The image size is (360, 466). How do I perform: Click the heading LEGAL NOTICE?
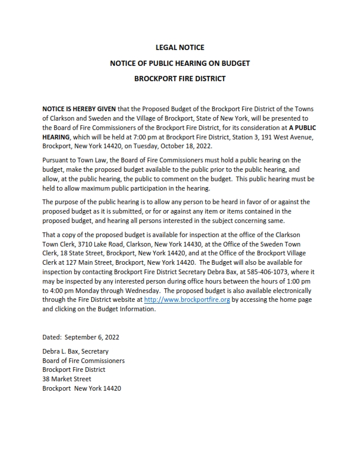click(180, 47)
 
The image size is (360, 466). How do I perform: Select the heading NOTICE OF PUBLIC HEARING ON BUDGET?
click(180, 62)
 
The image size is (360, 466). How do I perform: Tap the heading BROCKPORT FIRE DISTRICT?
click(180, 78)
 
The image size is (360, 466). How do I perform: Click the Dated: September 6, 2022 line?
click(79, 338)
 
